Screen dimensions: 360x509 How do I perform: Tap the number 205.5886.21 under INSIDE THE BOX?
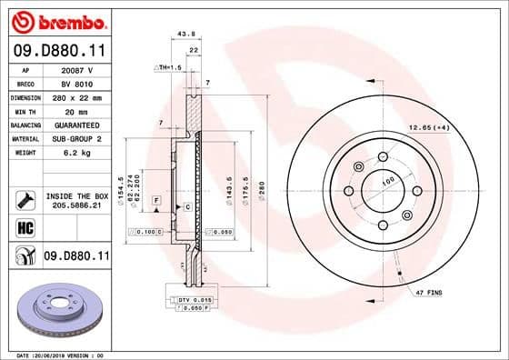click(77, 206)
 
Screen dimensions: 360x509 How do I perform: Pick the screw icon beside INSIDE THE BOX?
click(26, 198)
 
